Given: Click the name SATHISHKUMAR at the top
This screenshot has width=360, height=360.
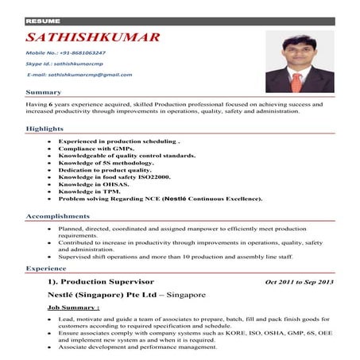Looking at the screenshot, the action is [x=92, y=37].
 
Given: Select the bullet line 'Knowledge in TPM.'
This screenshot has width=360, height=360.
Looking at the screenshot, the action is [x=88, y=192].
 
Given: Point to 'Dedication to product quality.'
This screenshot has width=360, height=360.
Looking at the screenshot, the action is [x=104, y=169].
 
